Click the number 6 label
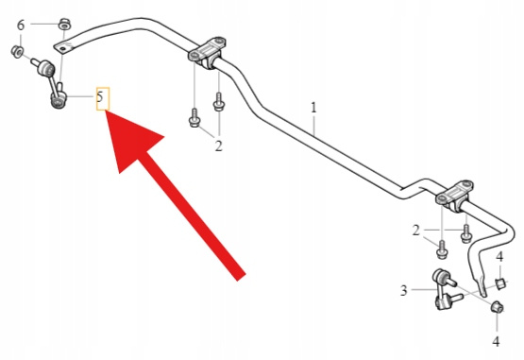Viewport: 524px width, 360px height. [21, 26]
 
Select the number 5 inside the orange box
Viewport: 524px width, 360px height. [100, 97]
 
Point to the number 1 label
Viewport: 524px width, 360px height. [313, 108]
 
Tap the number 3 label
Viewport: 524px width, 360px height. [404, 290]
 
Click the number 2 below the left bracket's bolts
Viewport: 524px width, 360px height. [218, 146]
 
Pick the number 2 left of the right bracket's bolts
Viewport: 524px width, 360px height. [416, 231]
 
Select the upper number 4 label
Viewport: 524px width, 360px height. [499, 257]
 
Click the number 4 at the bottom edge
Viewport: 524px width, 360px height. [497, 341]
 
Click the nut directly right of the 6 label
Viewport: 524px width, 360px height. [65, 25]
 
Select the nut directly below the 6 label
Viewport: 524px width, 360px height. [17, 52]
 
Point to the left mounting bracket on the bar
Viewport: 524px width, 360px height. [207, 52]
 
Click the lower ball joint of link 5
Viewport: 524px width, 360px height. [59, 100]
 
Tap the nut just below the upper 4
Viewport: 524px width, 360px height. [500, 283]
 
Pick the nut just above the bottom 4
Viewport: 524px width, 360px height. [498, 306]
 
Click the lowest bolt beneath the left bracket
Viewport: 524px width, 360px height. [194, 117]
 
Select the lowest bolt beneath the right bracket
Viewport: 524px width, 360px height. [442, 249]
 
